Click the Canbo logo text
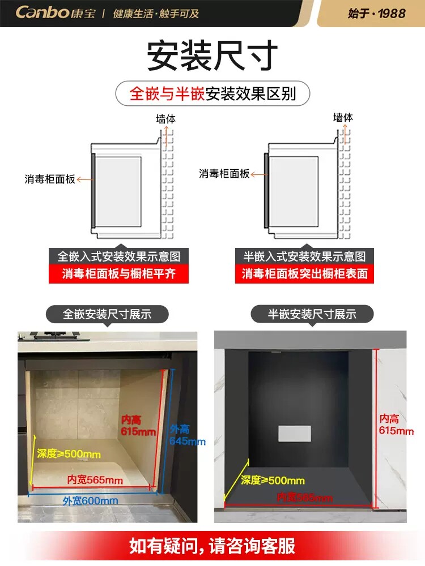tap(42, 12)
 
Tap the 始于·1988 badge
tap(377, 13)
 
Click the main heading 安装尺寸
tap(212, 55)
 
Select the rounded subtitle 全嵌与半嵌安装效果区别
tap(212, 93)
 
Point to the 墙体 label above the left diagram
tap(166, 119)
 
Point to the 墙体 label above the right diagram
tap(343, 118)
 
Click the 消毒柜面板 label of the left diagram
tap(50, 179)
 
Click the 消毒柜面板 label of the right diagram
tap(224, 174)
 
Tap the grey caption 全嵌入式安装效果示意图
tap(118, 256)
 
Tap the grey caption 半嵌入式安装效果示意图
tap(304, 256)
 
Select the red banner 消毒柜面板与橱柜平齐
tap(118, 274)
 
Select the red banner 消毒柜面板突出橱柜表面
tap(304, 274)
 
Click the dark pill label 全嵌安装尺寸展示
tap(107, 314)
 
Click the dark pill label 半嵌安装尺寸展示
tap(312, 314)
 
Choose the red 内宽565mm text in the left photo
tap(95, 480)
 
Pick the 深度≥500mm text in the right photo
tap(273, 481)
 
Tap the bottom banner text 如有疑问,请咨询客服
tap(212, 546)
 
